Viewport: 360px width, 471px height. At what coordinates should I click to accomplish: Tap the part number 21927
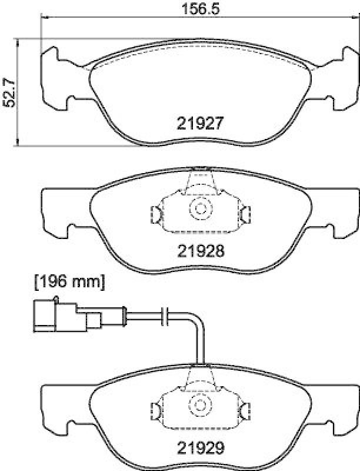pyautogui.click(x=200, y=124)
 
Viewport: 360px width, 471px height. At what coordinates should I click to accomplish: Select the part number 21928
pyautogui.click(x=200, y=251)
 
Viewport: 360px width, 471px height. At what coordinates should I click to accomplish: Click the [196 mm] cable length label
pyautogui.click(x=69, y=283)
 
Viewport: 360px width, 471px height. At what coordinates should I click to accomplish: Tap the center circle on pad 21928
pyautogui.click(x=201, y=208)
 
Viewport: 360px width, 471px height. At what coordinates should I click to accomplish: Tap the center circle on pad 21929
pyautogui.click(x=201, y=405)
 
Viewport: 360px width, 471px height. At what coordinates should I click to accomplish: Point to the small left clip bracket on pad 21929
pyautogui.click(x=156, y=409)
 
